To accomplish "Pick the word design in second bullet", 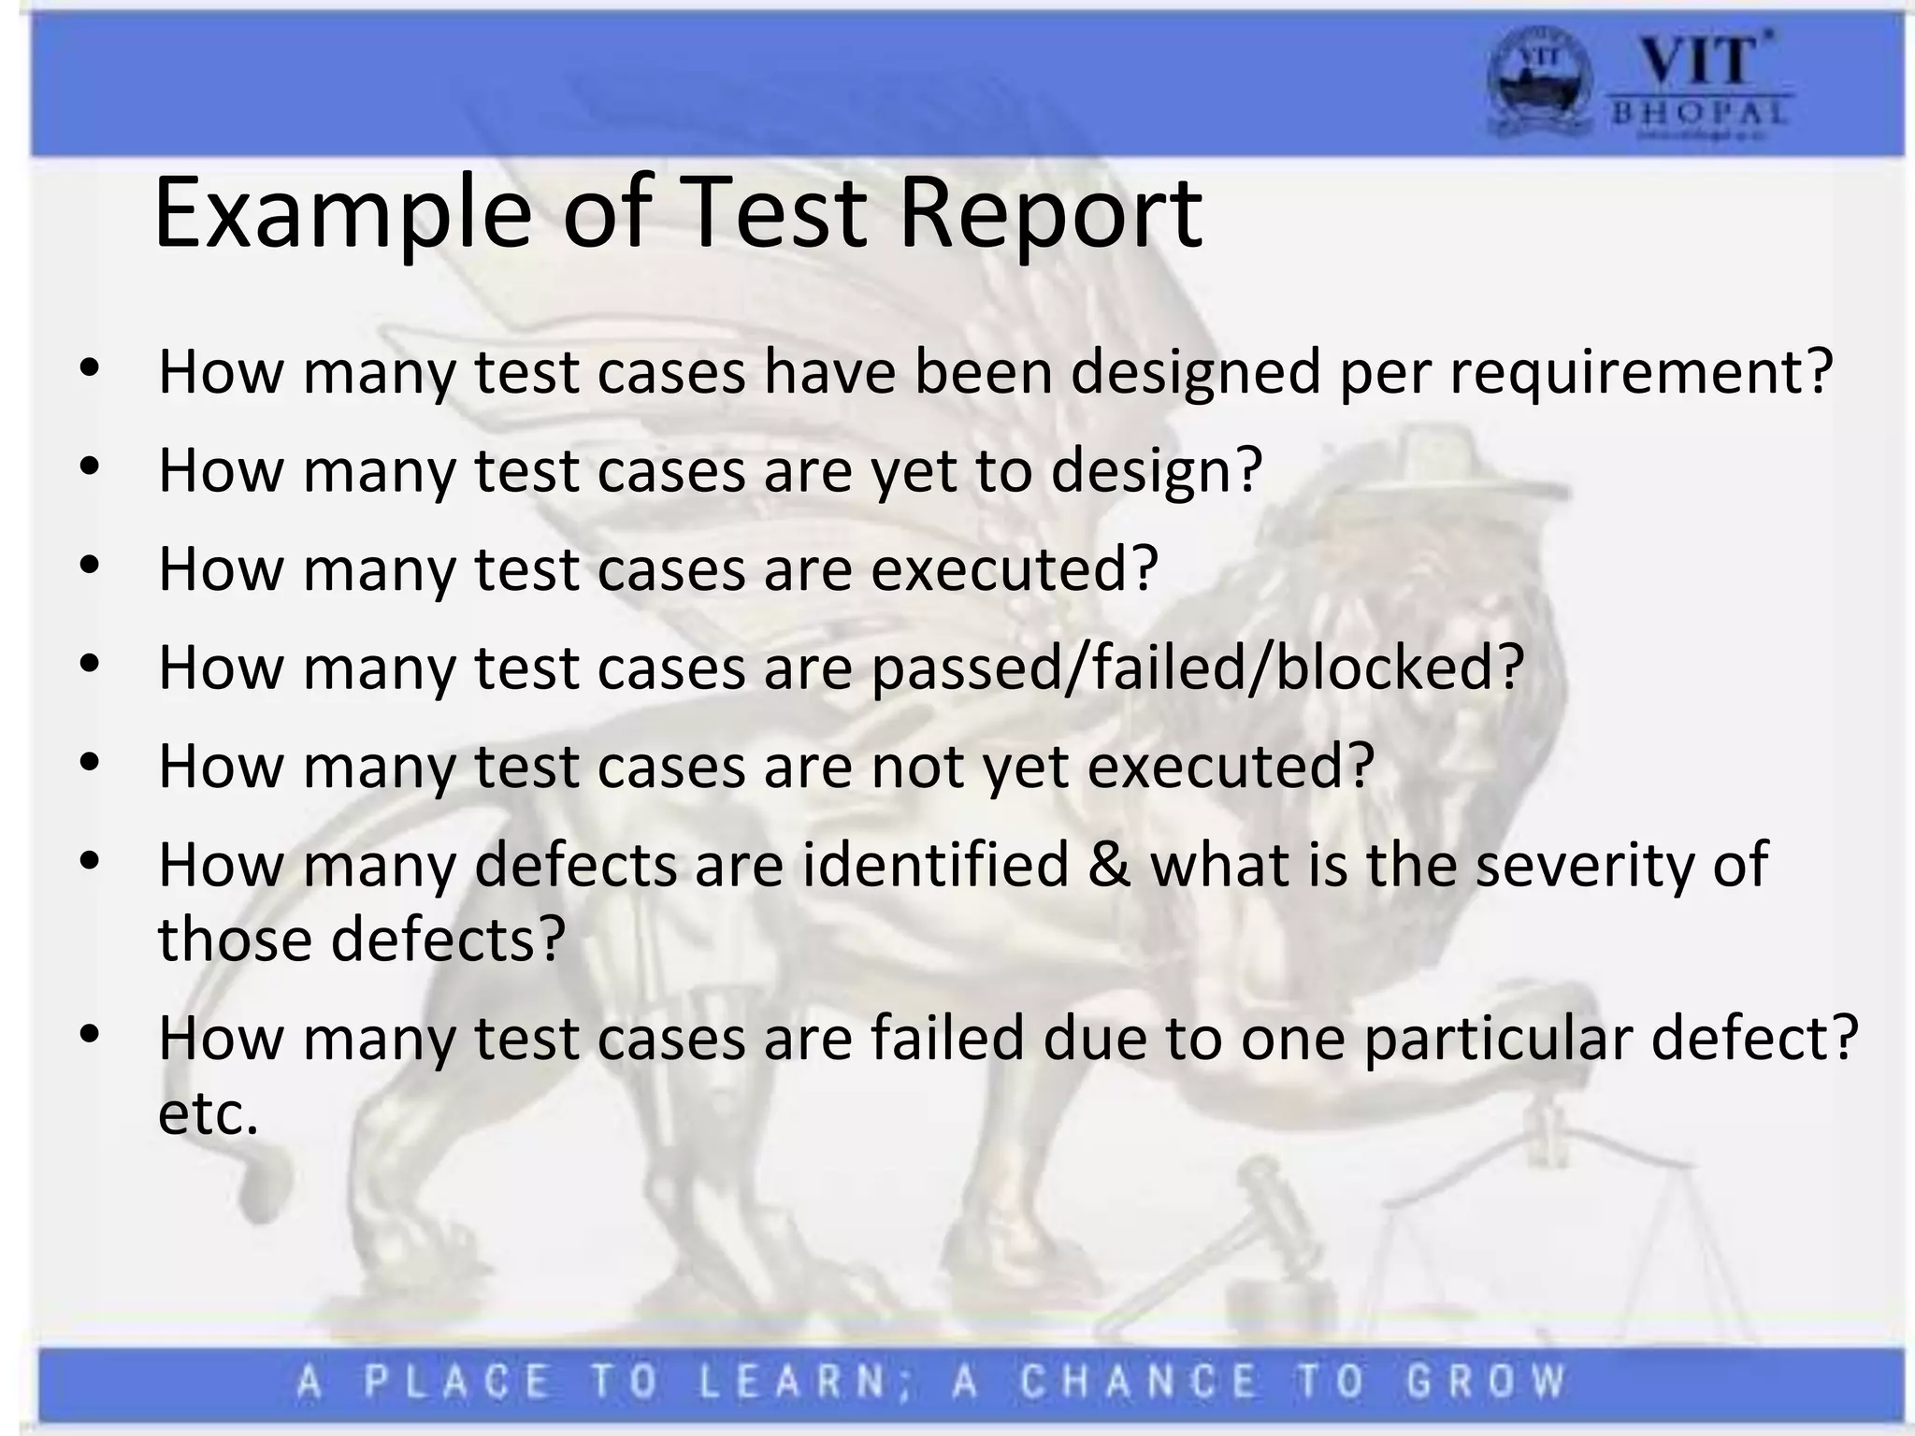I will click(1156, 470).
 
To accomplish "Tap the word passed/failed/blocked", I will click(1198, 668).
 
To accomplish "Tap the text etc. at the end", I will click(208, 1113).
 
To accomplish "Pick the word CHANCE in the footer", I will click(1139, 1382).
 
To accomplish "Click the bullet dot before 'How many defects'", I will click(90, 862).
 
